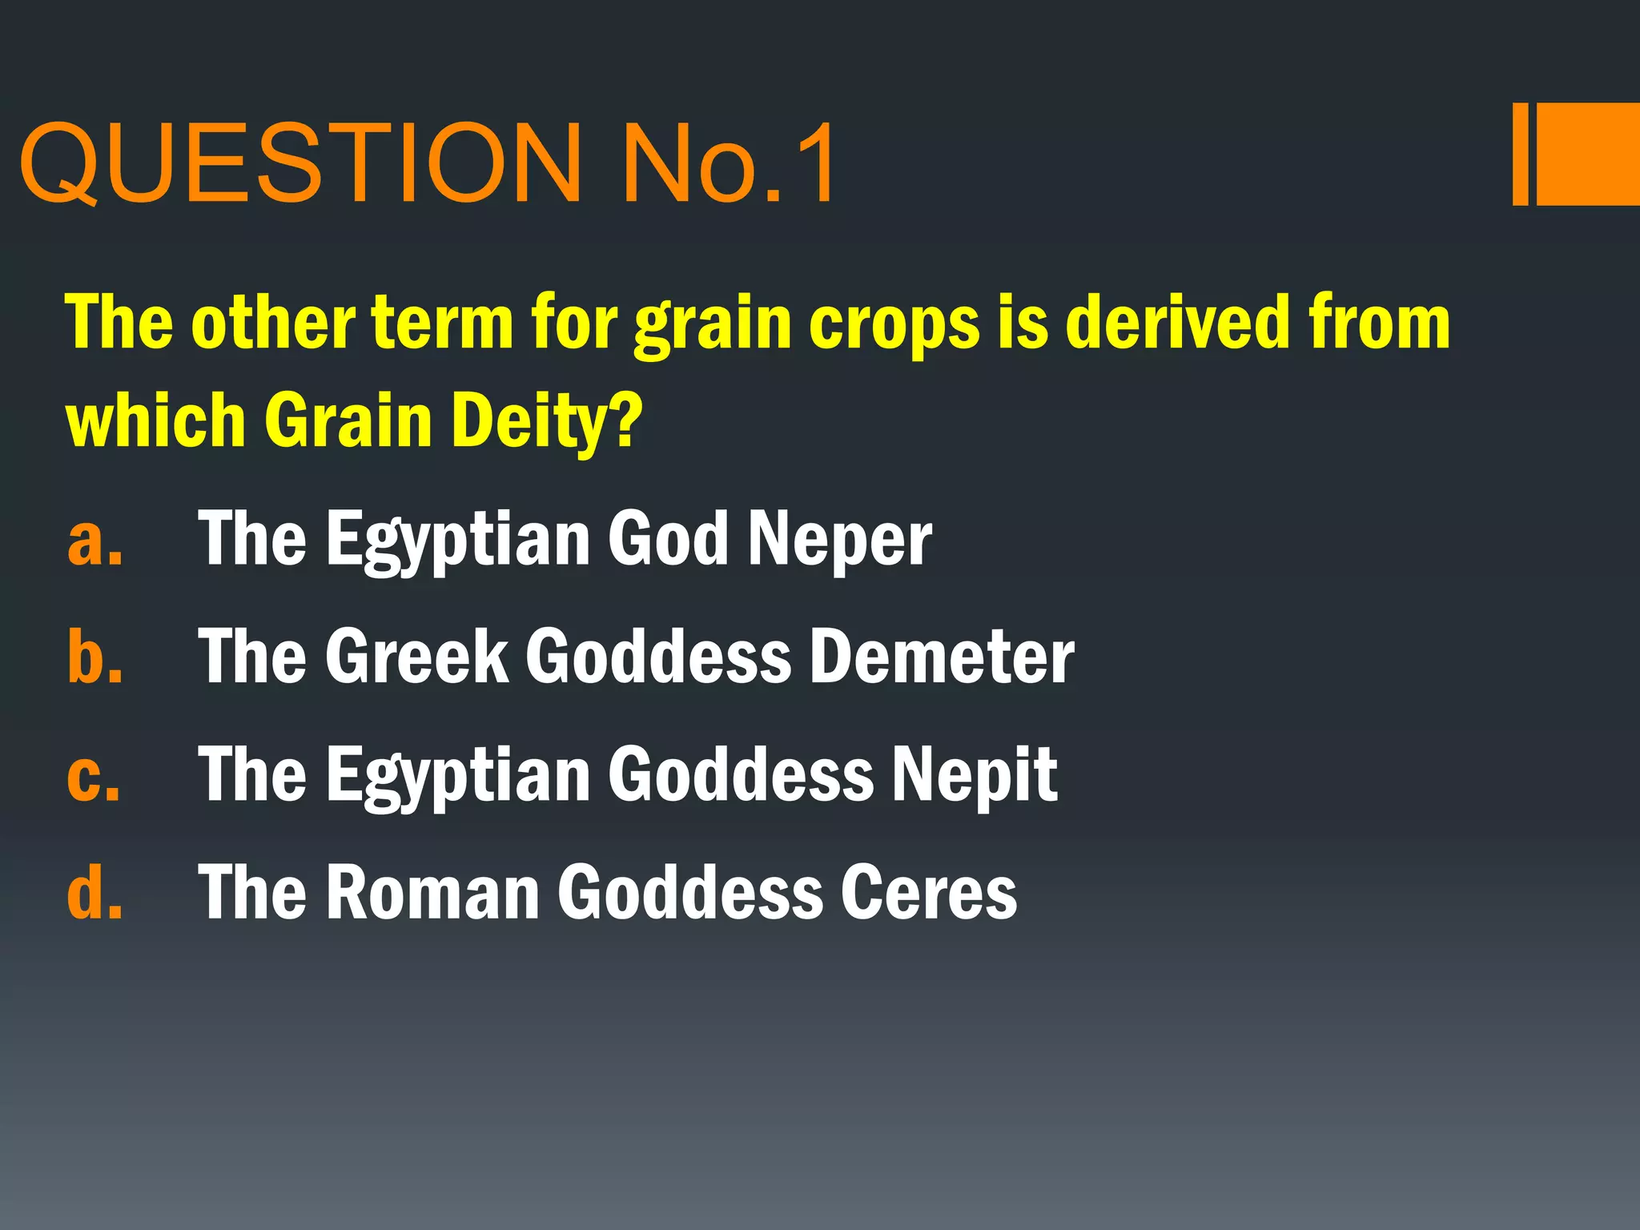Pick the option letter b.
click(x=95, y=657)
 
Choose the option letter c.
click(x=94, y=775)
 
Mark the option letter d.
click(x=95, y=892)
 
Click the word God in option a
click(x=668, y=538)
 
